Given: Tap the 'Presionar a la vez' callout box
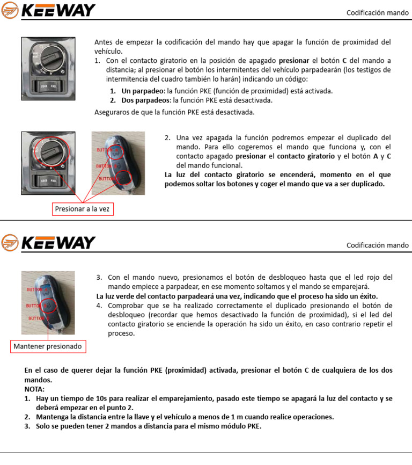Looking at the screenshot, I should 82,208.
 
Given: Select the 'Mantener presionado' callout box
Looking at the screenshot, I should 48,346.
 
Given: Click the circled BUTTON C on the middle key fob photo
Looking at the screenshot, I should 123,178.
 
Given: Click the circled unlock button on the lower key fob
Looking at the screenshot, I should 49,306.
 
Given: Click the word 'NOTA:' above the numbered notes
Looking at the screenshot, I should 35,389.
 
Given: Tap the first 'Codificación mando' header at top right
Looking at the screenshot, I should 377,12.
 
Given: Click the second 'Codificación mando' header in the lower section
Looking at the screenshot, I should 377,245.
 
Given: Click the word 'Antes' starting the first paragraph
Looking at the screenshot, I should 104,42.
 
